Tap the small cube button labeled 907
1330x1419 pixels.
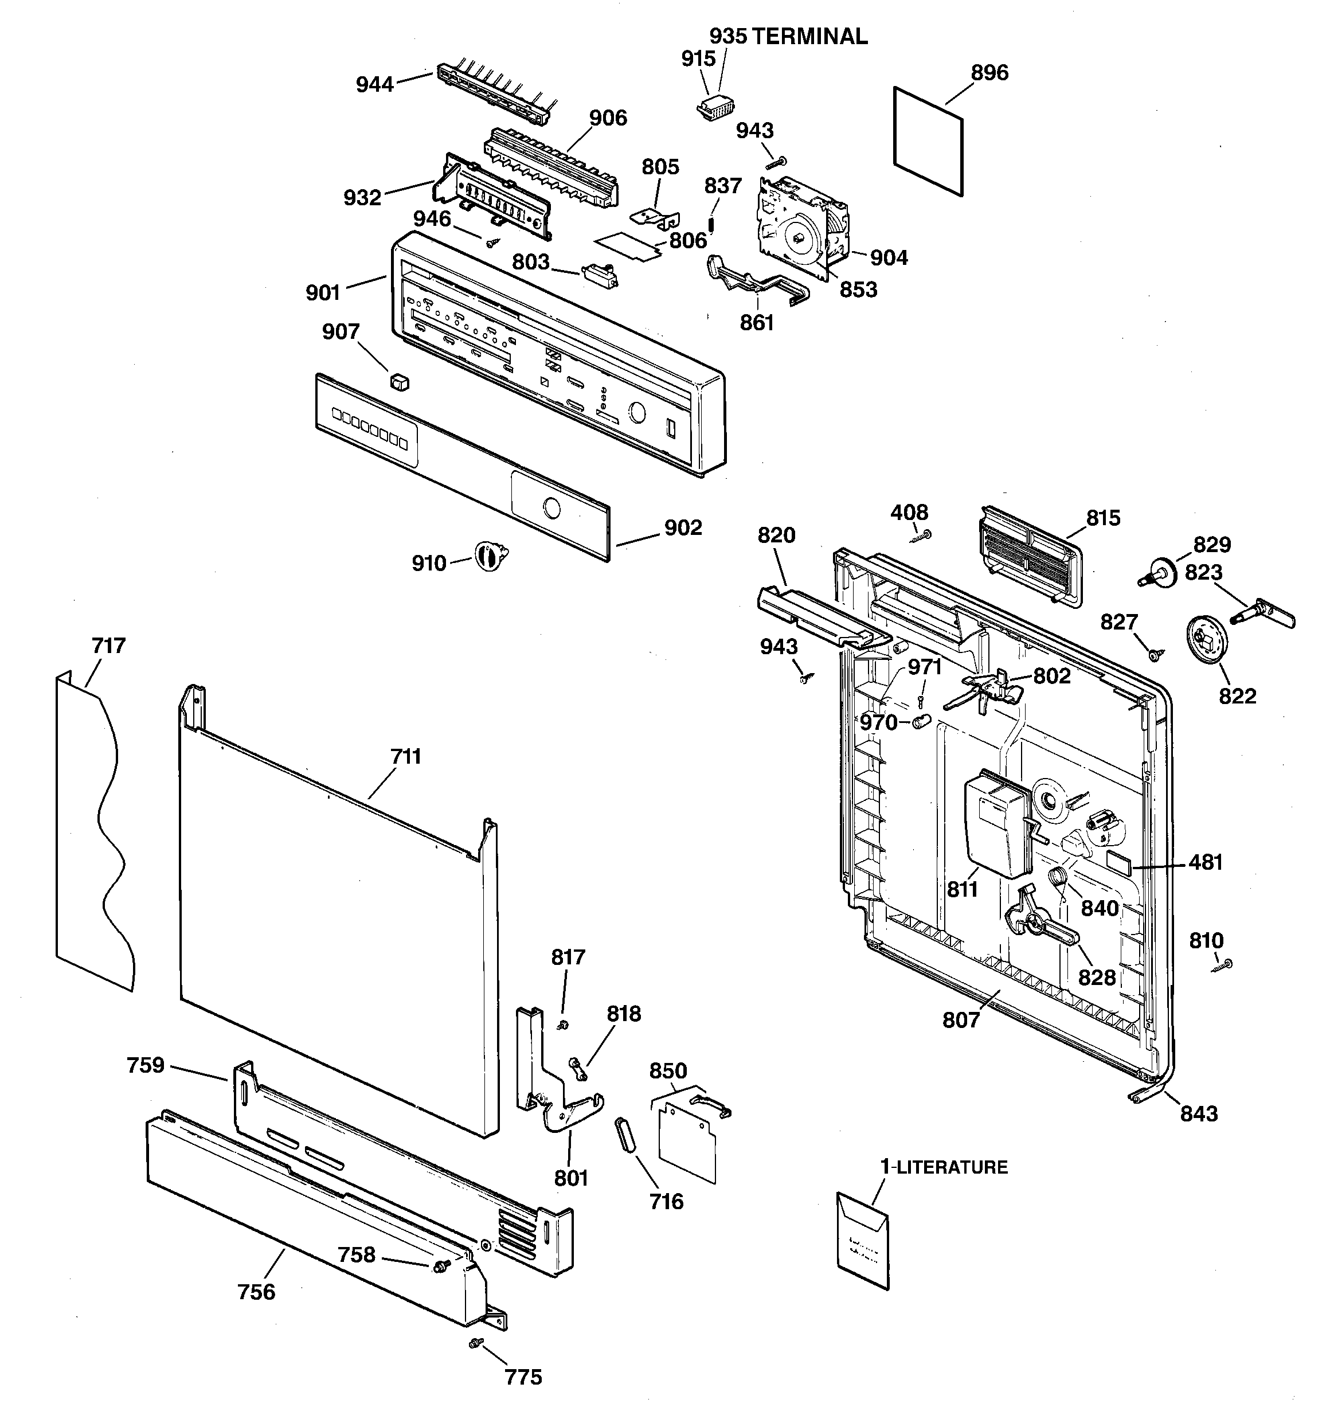[400, 382]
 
